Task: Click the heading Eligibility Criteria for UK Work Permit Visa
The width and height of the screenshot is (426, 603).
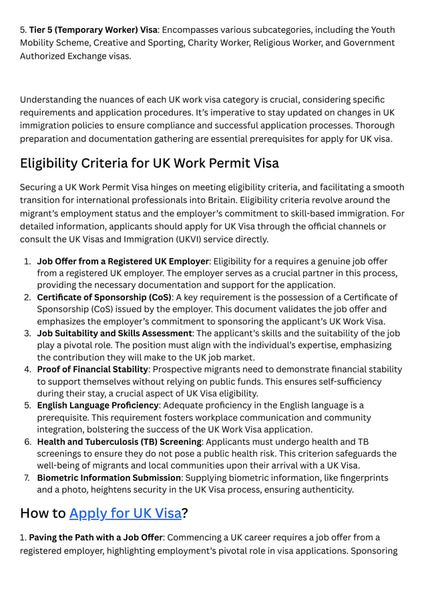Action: pyautogui.click(x=150, y=163)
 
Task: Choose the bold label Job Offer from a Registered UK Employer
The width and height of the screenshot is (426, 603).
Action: pyautogui.click(x=123, y=261)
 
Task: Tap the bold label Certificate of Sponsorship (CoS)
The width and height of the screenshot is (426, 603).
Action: pyautogui.click(x=104, y=297)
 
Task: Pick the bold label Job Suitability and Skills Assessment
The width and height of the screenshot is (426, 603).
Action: pyautogui.click(x=114, y=333)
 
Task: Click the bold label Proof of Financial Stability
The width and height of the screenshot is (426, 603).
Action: pyautogui.click(x=92, y=369)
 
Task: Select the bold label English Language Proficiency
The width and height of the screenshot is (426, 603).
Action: pyautogui.click(x=97, y=405)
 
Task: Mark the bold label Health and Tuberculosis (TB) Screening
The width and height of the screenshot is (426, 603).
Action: pyautogui.click(x=119, y=442)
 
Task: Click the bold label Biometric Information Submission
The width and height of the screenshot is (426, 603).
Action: pyautogui.click(x=109, y=477)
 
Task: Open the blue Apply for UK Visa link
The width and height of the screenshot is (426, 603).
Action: pyautogui.click(x=125, y=513)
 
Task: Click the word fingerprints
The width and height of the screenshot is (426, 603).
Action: pyautogui.click(x=359, y=477)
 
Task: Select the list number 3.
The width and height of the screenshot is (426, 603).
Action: pyautogui.click(x=27, y=333)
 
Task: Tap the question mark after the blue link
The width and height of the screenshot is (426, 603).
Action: pyautogui.click(x=185, y=513)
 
